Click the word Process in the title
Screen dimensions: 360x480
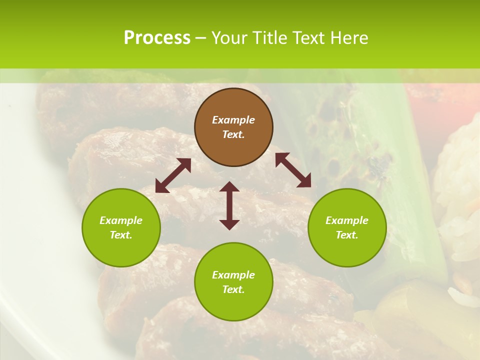pyautogui.click(x=157, y=38)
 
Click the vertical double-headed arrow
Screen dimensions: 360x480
pyautogui.click(x=229, y=205)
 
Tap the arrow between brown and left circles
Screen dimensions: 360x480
pyautogui.click(x=173, y=175)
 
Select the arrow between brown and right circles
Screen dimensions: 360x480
pyautogui.click(x=293, y=170)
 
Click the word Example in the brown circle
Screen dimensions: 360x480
pyautogui.click(x=233, y=120)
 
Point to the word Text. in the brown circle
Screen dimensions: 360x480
pyautogui.click(x=233, y=134)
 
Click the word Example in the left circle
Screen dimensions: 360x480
pyautogui.click(x=121, y=220)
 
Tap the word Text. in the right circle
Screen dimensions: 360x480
pyautogui.click(x=347, y=235)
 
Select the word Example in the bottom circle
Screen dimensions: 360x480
pyautogui.click(x=233, y=275)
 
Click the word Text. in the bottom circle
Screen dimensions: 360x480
pyautogui.click(x=233, y=289)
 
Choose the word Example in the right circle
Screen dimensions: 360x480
pyautogui.click(x=347, y=220)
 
